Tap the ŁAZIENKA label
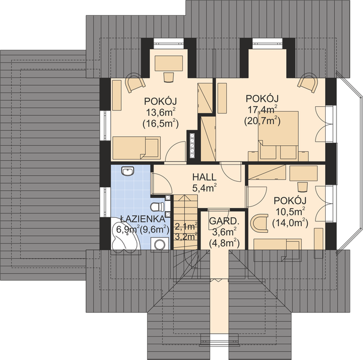click(139, 218)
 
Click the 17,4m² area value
click(263, 109)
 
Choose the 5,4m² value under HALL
click(204, 188)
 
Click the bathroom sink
click(127, 173)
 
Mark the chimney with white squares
click(193, 143)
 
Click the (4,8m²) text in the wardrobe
click(223, 242)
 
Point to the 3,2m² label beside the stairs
click(185, 236)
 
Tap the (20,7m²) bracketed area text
click(262, 120)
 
